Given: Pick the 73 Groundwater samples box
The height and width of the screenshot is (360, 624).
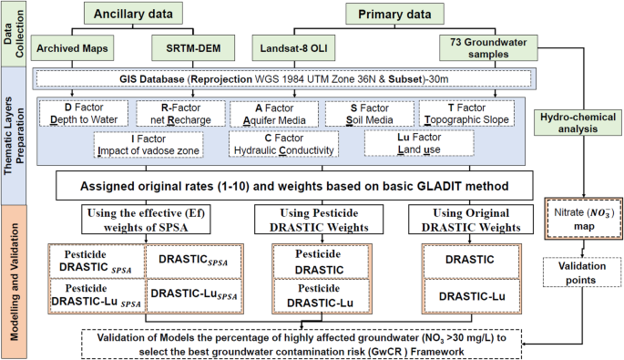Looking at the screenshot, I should (485, 46).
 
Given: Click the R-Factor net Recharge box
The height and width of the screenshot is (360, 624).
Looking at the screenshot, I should (175, 112).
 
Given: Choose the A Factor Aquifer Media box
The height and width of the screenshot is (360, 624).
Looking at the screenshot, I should (273, 112).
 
